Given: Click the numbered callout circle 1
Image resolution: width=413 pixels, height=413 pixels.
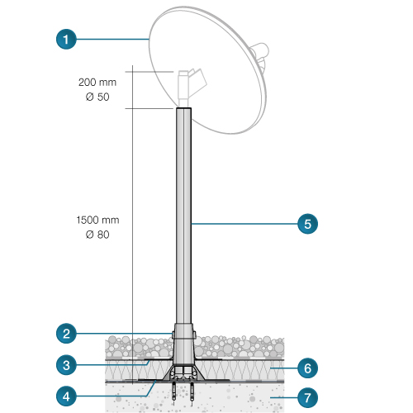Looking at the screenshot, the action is (66, 39).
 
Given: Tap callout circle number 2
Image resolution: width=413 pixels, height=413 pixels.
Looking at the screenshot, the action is (66, 334).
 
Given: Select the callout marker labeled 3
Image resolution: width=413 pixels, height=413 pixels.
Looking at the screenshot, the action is (66, 365).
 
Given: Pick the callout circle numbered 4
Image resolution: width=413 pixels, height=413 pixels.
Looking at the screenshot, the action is (66, 396).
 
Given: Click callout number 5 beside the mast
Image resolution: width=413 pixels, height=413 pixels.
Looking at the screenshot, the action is (307, 224).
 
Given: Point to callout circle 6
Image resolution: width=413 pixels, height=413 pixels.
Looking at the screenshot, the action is (307, 368).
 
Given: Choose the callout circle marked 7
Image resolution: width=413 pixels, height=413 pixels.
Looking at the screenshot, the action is (307, 397).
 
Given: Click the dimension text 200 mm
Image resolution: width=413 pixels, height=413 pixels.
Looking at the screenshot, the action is (97, 82).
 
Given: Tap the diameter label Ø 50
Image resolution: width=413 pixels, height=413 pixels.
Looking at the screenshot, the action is (97, 97).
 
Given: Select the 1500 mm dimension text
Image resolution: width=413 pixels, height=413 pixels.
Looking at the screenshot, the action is (97, 220).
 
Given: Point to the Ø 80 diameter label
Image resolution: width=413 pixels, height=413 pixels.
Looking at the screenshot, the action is (97, 235).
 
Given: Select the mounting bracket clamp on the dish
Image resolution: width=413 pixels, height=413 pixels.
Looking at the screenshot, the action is (192, 85).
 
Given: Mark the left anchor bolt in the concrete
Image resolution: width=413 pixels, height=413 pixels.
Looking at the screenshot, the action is (173, 392).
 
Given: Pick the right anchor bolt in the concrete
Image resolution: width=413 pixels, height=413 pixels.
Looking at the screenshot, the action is (192, 392).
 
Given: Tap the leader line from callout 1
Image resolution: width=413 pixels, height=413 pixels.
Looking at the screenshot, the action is (112, 40).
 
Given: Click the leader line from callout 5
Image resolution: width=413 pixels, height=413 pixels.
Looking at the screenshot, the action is (244, 224).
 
